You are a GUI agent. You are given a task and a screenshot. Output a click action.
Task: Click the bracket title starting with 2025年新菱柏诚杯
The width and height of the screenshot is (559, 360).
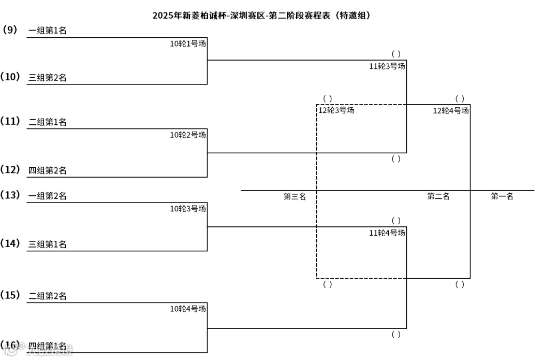pos(261,16)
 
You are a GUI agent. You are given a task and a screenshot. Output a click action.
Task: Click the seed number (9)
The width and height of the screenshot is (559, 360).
pos(10,30)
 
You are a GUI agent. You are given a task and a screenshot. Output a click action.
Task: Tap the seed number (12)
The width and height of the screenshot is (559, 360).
pos(10,170)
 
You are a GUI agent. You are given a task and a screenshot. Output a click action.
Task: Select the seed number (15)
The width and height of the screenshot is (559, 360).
pos(10,295)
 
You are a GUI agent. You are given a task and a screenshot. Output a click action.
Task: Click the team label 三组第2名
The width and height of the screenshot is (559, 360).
pos(48,78)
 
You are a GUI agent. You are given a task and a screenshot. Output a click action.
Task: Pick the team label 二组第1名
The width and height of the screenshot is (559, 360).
pos(48,123)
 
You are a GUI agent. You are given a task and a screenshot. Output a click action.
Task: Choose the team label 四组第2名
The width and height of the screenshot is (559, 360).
pos(48,170)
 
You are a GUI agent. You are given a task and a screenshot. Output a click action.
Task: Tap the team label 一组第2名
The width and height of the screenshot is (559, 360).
pos(48,196)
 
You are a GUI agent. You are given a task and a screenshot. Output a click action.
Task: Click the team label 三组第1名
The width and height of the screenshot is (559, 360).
pos(48,244)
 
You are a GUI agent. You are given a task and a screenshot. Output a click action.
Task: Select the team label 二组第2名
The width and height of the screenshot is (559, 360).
pos(48,296)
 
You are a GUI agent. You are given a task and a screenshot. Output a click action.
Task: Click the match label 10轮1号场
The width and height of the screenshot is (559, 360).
pos(188,44)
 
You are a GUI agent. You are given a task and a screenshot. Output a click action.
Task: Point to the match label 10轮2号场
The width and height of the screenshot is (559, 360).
pos(188,135)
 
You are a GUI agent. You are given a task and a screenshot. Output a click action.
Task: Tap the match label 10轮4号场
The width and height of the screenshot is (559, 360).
pos(188,309)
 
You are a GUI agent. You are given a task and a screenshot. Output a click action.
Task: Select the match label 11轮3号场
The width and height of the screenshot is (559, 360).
pos(387,66)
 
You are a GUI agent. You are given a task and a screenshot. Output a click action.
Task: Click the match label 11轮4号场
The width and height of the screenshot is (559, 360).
pos(387,233)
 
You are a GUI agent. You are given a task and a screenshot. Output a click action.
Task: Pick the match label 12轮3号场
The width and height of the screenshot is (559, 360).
pos(336,110)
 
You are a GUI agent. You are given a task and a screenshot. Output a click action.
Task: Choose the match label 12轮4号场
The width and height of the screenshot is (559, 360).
pos(451,110)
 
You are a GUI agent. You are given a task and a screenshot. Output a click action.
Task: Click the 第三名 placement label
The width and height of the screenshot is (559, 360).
pos(295,197)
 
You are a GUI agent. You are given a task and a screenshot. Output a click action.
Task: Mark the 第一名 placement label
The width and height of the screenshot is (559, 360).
pos(502,197)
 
